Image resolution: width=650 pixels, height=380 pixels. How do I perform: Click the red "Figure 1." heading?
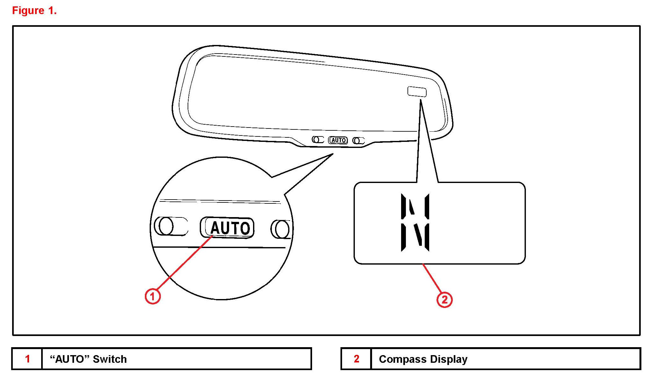click(34, 11)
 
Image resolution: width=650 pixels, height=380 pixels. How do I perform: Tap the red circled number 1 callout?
click(153, 296)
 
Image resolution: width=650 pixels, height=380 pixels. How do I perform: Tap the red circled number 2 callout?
click(444, 300)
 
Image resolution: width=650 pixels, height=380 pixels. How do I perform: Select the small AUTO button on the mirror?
click(338, 140)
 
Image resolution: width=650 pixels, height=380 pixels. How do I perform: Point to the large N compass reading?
click(415, 222)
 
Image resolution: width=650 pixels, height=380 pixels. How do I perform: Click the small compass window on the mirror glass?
click(417, 91)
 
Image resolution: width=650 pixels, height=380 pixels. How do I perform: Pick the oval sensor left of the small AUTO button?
click(318, 140)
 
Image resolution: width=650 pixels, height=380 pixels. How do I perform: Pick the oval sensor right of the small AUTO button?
click(358, 141)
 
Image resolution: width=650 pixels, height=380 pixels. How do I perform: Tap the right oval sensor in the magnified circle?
click(281, 229)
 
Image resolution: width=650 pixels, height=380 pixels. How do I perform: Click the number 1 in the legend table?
click(27, 359)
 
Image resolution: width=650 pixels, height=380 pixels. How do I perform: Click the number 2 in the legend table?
click(356, 359)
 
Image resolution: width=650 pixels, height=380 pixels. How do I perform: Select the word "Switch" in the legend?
click(109, 359)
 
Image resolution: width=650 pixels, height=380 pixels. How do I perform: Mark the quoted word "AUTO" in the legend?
click(69, 359)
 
